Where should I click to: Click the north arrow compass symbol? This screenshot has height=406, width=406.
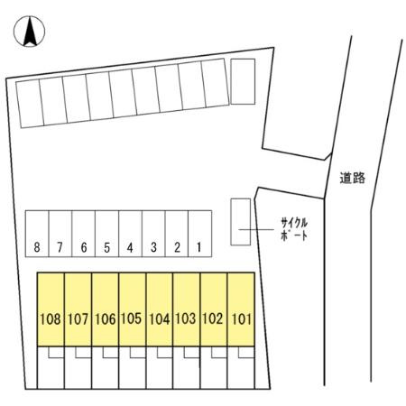[29, 32]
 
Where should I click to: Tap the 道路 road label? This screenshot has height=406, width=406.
[353, 178]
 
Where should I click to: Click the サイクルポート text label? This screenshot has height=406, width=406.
[294, 229]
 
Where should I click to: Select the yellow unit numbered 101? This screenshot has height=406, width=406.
[241, 309]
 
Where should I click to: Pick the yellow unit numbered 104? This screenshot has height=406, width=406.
[160, 309]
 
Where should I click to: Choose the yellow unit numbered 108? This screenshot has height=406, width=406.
[51, 309]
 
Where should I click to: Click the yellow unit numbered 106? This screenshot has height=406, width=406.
[106, 309]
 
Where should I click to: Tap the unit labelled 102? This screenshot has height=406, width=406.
[214, 309]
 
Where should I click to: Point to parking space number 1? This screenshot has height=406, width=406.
[200, 234]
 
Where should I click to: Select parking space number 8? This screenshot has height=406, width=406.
[37, 234]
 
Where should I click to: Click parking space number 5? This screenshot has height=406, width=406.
[107, 234]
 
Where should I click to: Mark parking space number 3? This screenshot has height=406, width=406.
[153, 234]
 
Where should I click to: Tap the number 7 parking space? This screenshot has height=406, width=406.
[60, 234]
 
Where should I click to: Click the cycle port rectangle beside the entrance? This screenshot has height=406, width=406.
[241, 222]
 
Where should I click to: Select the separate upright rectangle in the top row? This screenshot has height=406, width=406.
[243, 81]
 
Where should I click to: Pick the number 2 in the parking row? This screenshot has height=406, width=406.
[177, 247]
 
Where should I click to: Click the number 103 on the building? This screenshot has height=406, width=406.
[186, 318]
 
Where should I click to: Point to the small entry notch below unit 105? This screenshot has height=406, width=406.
[138, 353]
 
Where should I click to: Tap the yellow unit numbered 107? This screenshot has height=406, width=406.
[78, 309]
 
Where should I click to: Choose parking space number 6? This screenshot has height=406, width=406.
[84, 234]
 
